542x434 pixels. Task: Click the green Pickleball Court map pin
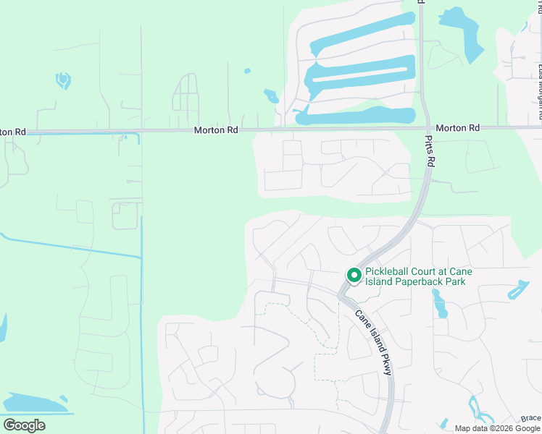[354, 276]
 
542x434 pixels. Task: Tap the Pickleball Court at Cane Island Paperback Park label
[418, 276]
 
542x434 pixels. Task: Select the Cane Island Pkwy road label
[375, 342]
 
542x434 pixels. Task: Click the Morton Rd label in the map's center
[216, 130]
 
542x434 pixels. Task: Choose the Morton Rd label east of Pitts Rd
[458, 127]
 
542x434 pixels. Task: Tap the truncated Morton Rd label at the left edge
[13, 132]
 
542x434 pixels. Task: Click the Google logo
[24, 425]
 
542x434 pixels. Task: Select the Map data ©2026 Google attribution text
[498, 428]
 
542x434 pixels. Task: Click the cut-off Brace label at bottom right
[531, 418]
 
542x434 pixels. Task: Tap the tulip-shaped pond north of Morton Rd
[63, 80]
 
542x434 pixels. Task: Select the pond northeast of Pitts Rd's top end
[464, 33]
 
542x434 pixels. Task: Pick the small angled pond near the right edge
[518, 290]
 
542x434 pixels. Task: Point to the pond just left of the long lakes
[271, 96]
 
